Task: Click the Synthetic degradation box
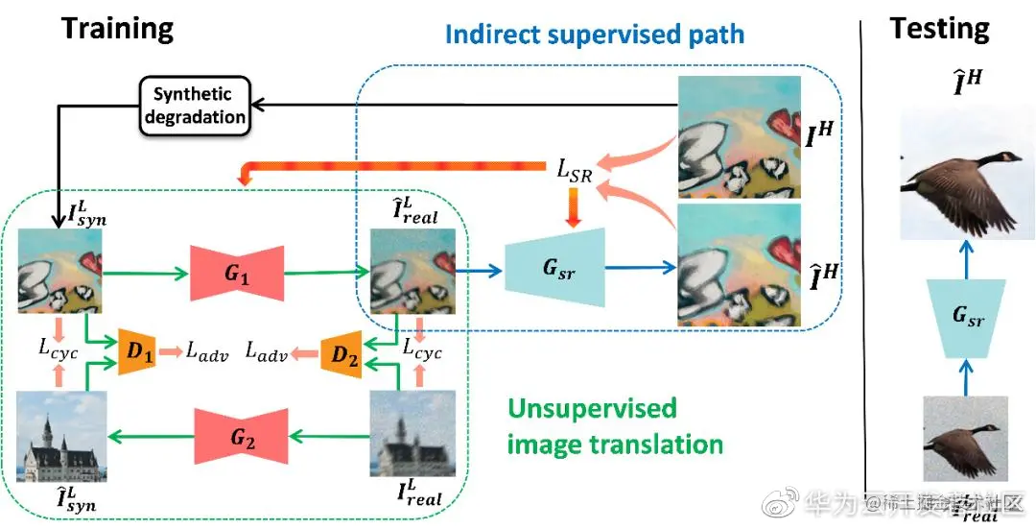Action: tap(193, 106)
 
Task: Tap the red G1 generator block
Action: tap(236, 274)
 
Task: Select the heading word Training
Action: tap(117, 28)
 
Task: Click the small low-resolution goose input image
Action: tap(965, 438)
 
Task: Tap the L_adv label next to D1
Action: tap(205, 352)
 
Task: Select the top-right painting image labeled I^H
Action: tap(738, 134)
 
